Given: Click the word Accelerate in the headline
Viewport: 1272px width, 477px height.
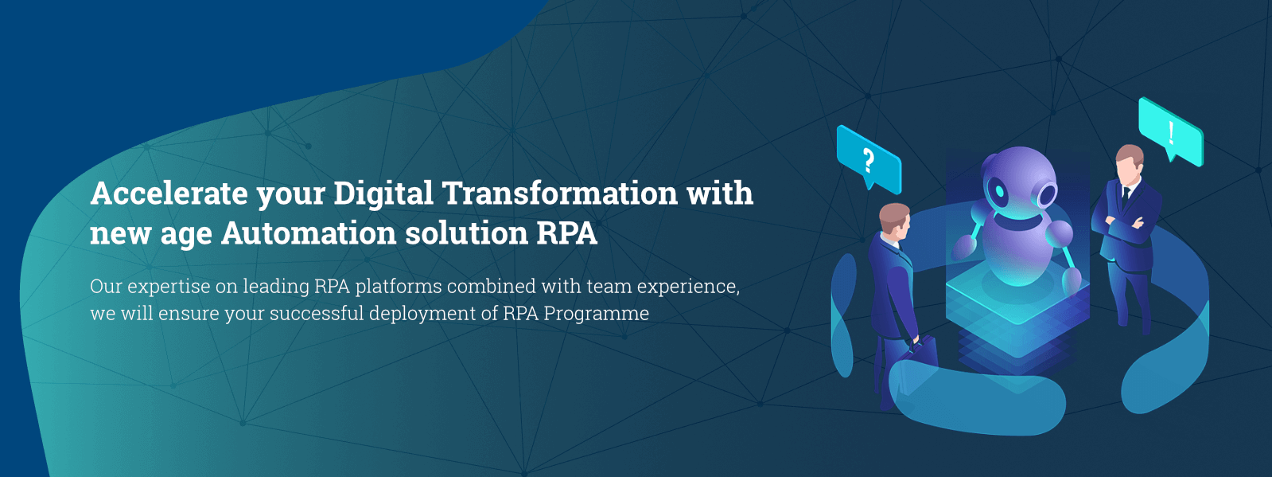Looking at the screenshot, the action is (x=169, y=193).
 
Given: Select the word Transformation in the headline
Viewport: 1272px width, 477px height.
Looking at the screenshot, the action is (x=560, y=193).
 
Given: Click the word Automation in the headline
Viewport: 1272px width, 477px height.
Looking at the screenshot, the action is (x=309, y=233).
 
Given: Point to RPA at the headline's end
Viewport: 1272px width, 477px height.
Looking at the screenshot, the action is (x=566, y=233).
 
